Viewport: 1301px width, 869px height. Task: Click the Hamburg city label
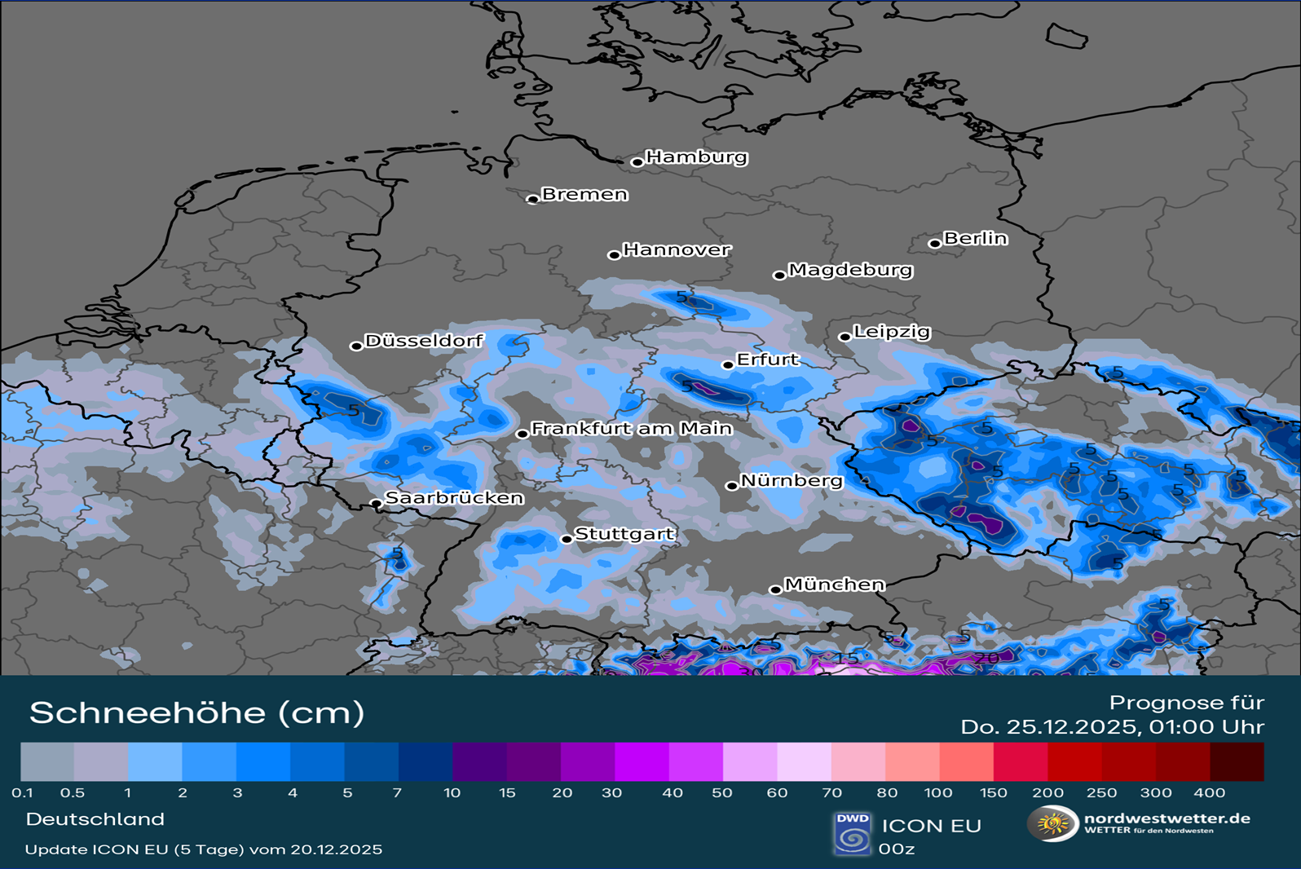(x=696, y=157)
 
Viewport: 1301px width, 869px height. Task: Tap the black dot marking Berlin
(x=934, y=243)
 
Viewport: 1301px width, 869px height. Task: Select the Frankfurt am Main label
(x=632, y=428)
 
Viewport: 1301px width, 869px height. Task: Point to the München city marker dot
(x=775, y=589)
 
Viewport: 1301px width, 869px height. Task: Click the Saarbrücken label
(x=454, y=497)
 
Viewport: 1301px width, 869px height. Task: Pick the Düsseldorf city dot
(x=356, y=346)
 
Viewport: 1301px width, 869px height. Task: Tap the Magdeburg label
(x=850, y=270)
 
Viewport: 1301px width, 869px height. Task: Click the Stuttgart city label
(x=624, y=534)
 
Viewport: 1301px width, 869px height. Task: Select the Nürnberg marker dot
(x=731, y=486)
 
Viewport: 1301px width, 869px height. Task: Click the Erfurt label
(x=767, y=360)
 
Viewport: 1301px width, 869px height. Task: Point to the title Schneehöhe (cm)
(x=196, y=712)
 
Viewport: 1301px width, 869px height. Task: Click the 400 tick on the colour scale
(x=1209, y=792)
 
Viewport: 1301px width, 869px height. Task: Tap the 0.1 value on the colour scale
(x=23, y=792)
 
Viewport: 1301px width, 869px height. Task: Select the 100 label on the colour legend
(x=938, y=792)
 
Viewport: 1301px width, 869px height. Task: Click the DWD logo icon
(x=853, y=833)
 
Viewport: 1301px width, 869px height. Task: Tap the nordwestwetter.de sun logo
(x=1052, y=823)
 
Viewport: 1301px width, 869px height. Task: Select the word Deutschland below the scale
(x=95, y=819)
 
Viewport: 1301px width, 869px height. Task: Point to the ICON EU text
(x=931, y=826)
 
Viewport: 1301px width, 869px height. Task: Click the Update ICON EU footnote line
(x=204, y=849)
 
